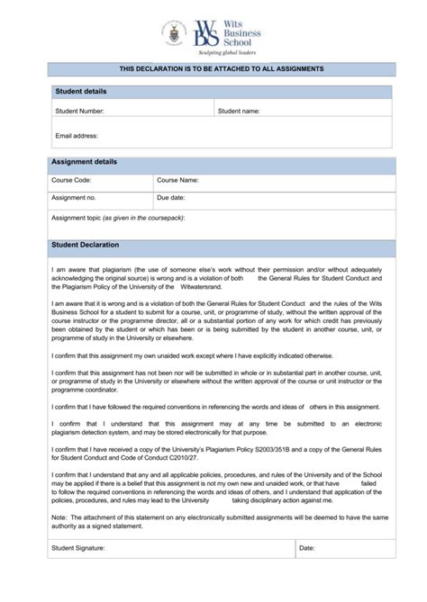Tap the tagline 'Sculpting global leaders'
click(228, 53)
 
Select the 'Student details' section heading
click(81, 92)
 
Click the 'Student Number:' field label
click(79, 112)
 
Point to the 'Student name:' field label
click(239, 112)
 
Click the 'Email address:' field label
click(76, 136)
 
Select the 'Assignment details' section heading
click(85, 162)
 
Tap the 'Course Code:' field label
click(72, 180)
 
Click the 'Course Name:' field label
click(177, 180)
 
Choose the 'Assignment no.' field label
click(74, 197)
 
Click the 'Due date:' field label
click(171, 197)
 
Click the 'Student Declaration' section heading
click(86, 245)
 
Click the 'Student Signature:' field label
click(78, 547)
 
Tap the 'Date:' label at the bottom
click(307, 547)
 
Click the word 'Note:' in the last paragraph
click(59, 517)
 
